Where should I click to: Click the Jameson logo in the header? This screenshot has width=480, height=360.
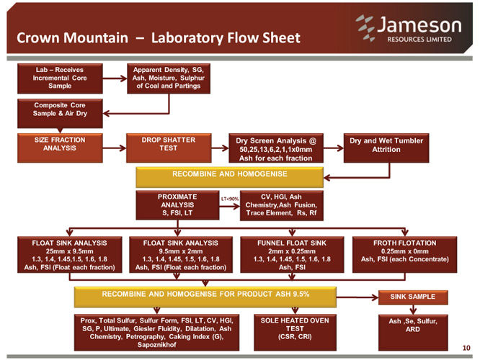pos(409,28)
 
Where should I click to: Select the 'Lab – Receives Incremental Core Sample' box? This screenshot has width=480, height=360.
pos(60,78)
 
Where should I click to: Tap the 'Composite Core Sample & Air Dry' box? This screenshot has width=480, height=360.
pos(60,113)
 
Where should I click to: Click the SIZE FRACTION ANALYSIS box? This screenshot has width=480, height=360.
pos(60,148)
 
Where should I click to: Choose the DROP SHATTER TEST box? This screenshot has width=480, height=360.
pos(169,148)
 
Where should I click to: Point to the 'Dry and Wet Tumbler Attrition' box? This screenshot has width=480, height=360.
pos(386,148)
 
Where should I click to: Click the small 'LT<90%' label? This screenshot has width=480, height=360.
pos(230,199)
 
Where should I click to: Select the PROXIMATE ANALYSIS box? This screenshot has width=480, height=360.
pos(177,205)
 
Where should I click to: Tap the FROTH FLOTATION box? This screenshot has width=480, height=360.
pos(405,254)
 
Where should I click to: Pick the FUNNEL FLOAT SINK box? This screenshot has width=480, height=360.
pos(292,254)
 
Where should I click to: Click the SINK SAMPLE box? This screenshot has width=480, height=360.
pos(413,297)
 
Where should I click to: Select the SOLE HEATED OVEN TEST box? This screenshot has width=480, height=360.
pos(295,333)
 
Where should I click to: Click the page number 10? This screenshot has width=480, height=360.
pos(466,348)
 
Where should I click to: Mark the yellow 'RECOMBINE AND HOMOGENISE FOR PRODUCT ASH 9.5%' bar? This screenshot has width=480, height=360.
pos(205,297)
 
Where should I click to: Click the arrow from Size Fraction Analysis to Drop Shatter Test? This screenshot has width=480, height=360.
pos(115,148)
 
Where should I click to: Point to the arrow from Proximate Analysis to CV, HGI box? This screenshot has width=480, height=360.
pos(230,207)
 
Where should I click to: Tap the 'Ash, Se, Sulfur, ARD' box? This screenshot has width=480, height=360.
pos(413,333)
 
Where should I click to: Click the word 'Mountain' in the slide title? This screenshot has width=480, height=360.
pos(96,38)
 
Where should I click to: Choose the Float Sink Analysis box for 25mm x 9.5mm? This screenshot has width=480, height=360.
pos(69,254)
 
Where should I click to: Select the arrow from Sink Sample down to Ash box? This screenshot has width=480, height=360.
pos(413,310)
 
